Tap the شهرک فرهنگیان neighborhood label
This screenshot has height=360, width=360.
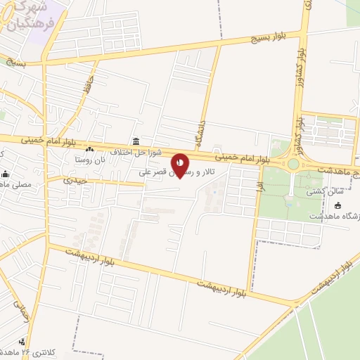pos(27,13)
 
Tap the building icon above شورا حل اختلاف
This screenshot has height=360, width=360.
pos(135,142)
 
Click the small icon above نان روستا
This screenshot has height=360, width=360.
pos(89,149)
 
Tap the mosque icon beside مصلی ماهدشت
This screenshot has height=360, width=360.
pos(6,174)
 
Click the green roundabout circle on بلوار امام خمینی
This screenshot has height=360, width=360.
pos(293,164)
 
